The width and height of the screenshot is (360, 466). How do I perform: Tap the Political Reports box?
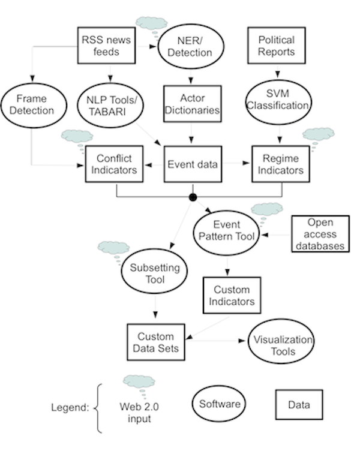277,46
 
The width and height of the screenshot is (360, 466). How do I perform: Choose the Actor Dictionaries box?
193,104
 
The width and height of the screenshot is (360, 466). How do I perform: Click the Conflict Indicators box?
115,164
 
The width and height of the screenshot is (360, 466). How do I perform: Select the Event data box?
193,164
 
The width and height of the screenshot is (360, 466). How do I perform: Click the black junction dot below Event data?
193,197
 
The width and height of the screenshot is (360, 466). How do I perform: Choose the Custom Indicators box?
232,296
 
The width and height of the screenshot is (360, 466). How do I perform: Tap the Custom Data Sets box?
155,342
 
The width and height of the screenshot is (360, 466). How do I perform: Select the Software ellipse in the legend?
220,404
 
